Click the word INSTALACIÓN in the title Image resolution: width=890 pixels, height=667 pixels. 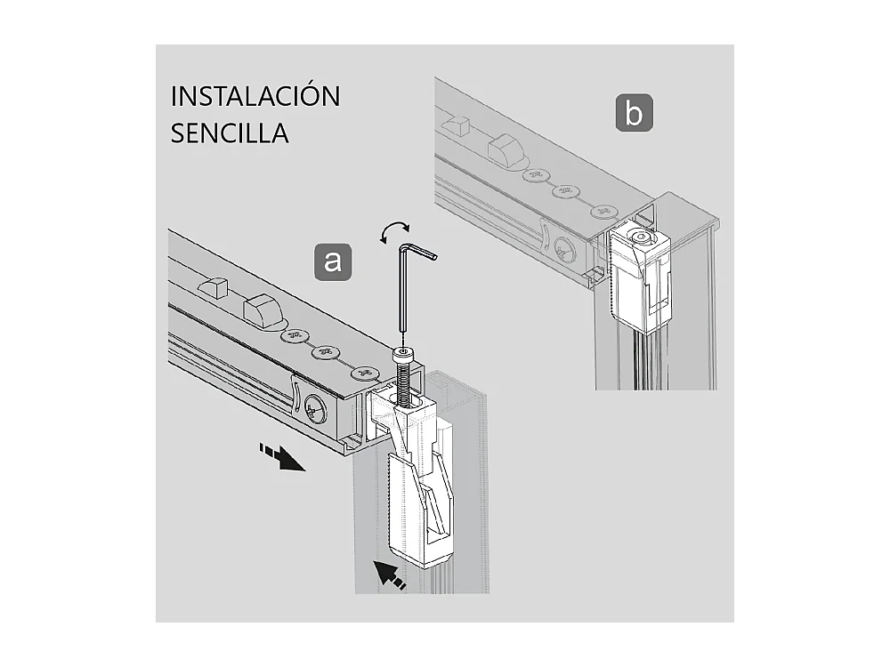point(255,96)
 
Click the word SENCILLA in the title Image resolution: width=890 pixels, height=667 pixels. point(230,133)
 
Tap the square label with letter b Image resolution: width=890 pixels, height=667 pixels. point(634,115)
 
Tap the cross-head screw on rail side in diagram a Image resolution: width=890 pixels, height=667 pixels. point(314,410)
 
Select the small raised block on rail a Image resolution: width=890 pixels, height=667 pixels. point(213,287)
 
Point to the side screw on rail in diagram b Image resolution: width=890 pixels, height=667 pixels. point(564,252)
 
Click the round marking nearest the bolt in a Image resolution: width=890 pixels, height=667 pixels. point(364,374)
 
